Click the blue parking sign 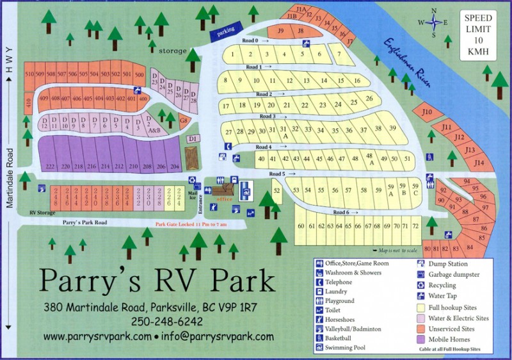pyautogui.click(x=224, y=30)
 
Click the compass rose pyautogui.click(x=435, y=22)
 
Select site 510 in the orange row pyautogui.click(x=29, y=74)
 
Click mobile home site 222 pyautogui.click(x=49, y=165)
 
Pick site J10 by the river pyautogui.click(x=428, y=113)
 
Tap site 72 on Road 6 pyautogui.click(x=415, y=226)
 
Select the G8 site pyautogui.click(x=183, y=120)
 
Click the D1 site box pyautogui.click(x=191, y=138)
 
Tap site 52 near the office pyautogui.click(x=276, y=190)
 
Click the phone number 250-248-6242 pyautogui.click(x=166, y=321)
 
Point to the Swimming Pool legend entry pyautogui.click(x=343, y=348)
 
